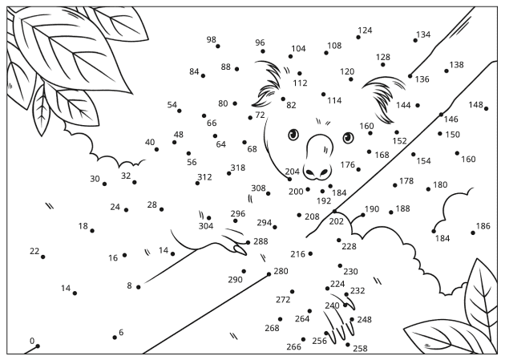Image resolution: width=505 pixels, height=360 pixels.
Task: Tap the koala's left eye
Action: pos(293,134)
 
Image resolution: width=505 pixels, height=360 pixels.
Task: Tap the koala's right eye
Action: pos(347,136)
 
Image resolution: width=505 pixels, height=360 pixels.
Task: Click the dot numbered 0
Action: pos(37,346)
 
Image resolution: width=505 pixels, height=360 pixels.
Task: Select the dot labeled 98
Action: pos(218,46)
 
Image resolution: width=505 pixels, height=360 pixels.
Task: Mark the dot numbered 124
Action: pos(358,37)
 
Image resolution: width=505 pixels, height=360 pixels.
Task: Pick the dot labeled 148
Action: pos(486,108)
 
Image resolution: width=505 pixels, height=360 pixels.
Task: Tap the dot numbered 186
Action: pos(475,233)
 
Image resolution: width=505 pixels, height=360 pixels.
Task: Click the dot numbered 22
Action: pos(42,257)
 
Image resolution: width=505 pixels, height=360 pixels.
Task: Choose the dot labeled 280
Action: pos(269,274)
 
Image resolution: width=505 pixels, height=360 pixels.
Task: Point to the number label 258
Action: pos(360,349)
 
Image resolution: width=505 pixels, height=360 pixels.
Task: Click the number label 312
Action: pos(204,177)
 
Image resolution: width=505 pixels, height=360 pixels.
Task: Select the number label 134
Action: pos(422,34)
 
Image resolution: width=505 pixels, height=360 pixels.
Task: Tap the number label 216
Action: pos(297,254)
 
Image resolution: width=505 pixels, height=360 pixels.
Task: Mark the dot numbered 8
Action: pos(138,286)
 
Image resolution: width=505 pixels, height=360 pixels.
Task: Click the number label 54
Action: pos(172,105)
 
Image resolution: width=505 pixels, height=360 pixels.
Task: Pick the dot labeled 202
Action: pos(335,212)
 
